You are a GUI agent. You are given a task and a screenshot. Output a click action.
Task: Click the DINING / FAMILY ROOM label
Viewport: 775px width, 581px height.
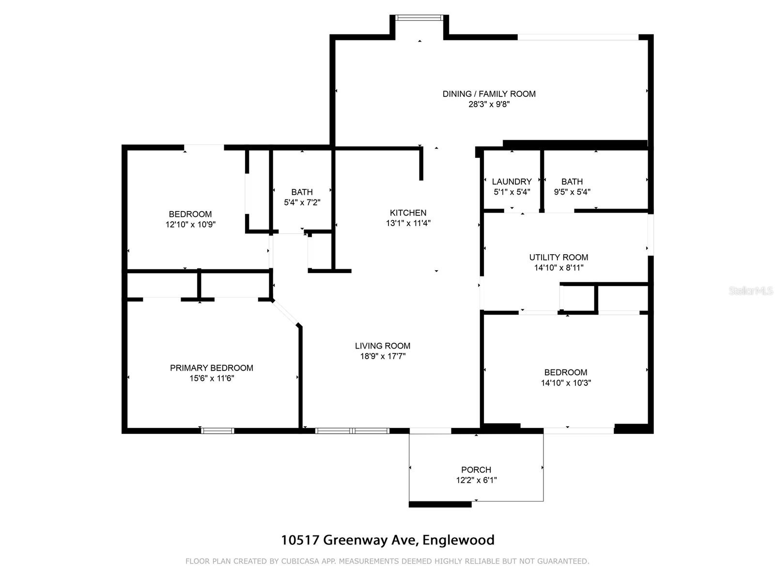click(x=489, y=94)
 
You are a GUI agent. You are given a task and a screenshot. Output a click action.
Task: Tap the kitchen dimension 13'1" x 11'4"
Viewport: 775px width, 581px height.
click(x=408, y=223)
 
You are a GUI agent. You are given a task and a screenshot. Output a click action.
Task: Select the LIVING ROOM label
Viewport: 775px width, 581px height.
click(x=382, y=346)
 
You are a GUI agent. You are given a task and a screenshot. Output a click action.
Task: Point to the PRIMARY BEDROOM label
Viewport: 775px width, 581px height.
click(x=211, y=368)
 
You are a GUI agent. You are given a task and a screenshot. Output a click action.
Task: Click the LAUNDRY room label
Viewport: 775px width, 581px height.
click(x=511, y=182)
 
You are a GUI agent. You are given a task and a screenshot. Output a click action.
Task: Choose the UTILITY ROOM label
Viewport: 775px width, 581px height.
click(x=558, y=257)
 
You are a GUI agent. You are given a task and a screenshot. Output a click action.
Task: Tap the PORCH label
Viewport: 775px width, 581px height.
click(x=476, y=470)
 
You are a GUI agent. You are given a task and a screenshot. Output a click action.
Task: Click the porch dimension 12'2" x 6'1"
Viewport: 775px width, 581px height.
click(x=476, y=480)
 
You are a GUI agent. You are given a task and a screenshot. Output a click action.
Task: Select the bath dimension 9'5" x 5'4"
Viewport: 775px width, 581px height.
click(x=572, y=192)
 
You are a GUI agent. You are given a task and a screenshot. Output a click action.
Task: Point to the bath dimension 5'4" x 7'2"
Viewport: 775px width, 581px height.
click(x=302, y=202)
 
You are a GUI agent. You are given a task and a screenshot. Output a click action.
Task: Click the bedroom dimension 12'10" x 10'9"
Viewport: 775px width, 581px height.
click(x=190, y=225)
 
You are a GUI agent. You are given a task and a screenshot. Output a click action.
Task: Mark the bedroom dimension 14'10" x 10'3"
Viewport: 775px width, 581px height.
click(x=565, y=383)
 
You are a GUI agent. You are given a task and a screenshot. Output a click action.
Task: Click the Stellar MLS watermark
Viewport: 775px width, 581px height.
click(x=750, y=291)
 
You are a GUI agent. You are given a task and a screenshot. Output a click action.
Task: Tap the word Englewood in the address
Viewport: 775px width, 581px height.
click(x=458, y=540)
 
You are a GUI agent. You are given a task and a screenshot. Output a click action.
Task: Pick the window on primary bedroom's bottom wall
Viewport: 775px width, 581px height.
click(x=217, y=430)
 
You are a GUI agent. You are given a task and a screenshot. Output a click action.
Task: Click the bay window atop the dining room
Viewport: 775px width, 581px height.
click(x=419, y=18)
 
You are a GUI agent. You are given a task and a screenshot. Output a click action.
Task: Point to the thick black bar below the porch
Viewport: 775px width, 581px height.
click(x=440, y=505)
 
